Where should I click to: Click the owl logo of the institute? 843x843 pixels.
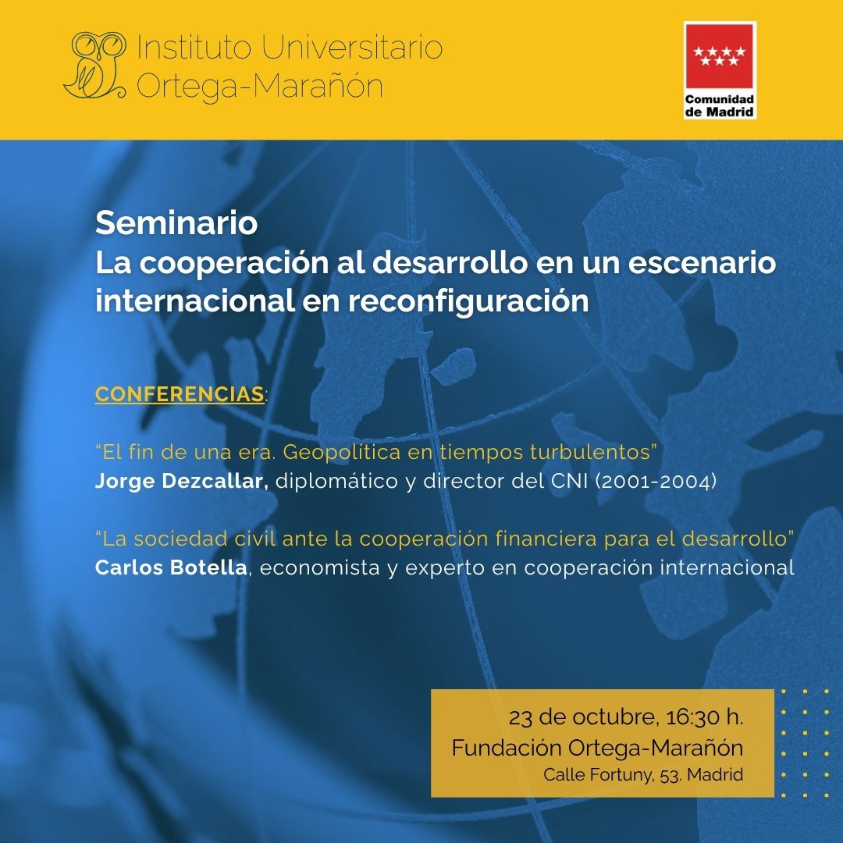(x=95, y=65)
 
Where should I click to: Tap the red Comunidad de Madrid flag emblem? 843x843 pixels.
(x=720, y=56)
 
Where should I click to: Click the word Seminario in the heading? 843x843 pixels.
(x=176, y=222)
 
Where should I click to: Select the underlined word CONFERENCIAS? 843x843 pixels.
(x=180, y=393)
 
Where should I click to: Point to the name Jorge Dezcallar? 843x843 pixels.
(x=182, y=481)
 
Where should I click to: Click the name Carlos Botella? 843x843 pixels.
(x=171, y=567)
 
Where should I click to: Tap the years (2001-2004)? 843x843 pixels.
(x=656, y=481)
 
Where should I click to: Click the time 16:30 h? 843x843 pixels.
(x=704, y=717)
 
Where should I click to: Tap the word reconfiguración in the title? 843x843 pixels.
(x=468, y=301)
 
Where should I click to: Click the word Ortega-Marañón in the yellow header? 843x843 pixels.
(x=260, y=86)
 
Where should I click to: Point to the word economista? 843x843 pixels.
(x=320, y=567)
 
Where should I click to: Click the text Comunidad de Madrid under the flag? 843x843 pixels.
(x=720, y=105)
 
